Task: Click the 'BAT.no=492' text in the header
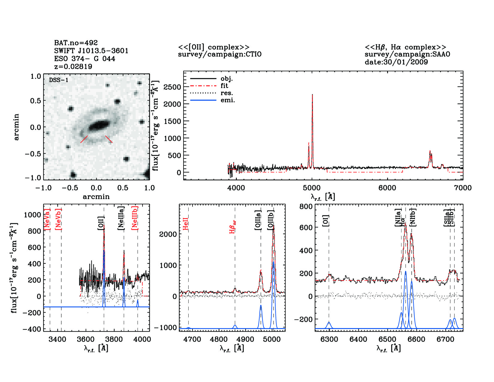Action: tap(76, 43)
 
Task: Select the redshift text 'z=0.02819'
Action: tap(73, 66)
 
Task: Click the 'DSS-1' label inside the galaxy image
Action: tap(59, 80)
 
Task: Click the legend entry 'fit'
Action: tap(224, 86)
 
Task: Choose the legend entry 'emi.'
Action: tap(228, 100)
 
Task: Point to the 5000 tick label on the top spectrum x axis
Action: tap(312, 188)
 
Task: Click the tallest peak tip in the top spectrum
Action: tap(312, 95)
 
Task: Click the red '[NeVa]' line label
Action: tap(47, 219)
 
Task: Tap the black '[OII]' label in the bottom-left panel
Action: tap(101, 223)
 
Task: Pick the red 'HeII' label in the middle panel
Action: tap(186, 224)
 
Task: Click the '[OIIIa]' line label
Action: tap(258, 220)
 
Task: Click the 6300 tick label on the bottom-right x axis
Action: tap(329, 339)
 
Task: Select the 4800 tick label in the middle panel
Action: tap(219, 339)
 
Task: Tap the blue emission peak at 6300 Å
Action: tap(329, 323)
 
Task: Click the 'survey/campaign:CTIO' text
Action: tap(219, 54)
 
